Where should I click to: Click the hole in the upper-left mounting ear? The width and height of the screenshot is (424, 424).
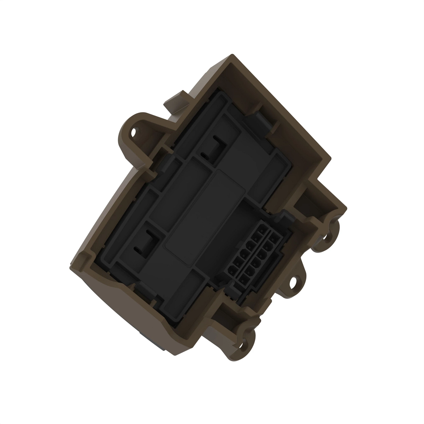(134, 133)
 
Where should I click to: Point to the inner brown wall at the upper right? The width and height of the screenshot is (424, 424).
(283, 117)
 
